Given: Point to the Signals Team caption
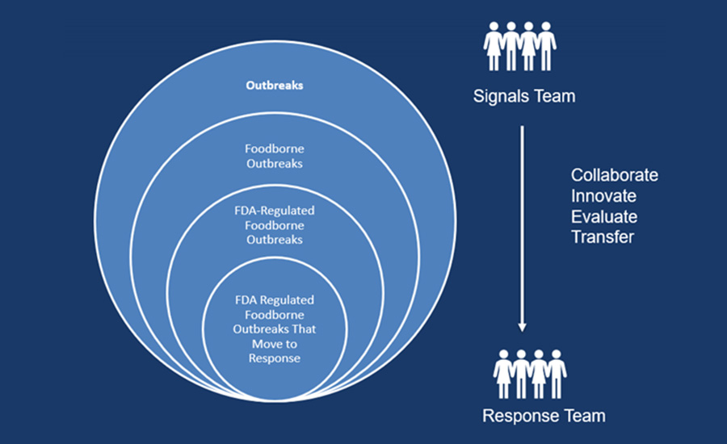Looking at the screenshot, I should point(524,97).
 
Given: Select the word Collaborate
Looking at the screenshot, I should point(614,175).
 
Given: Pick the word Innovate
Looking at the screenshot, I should point(603,196).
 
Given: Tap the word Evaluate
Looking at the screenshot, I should point(604,217).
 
